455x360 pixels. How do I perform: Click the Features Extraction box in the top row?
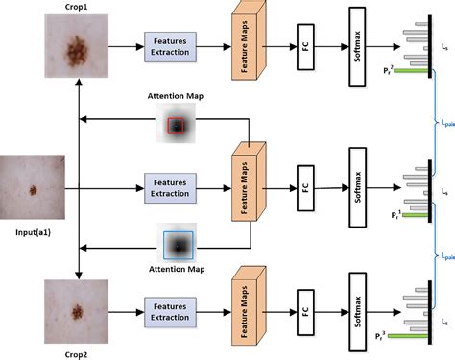click(x=170, y=45)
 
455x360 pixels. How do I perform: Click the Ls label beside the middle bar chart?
click(x=443, y=192)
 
